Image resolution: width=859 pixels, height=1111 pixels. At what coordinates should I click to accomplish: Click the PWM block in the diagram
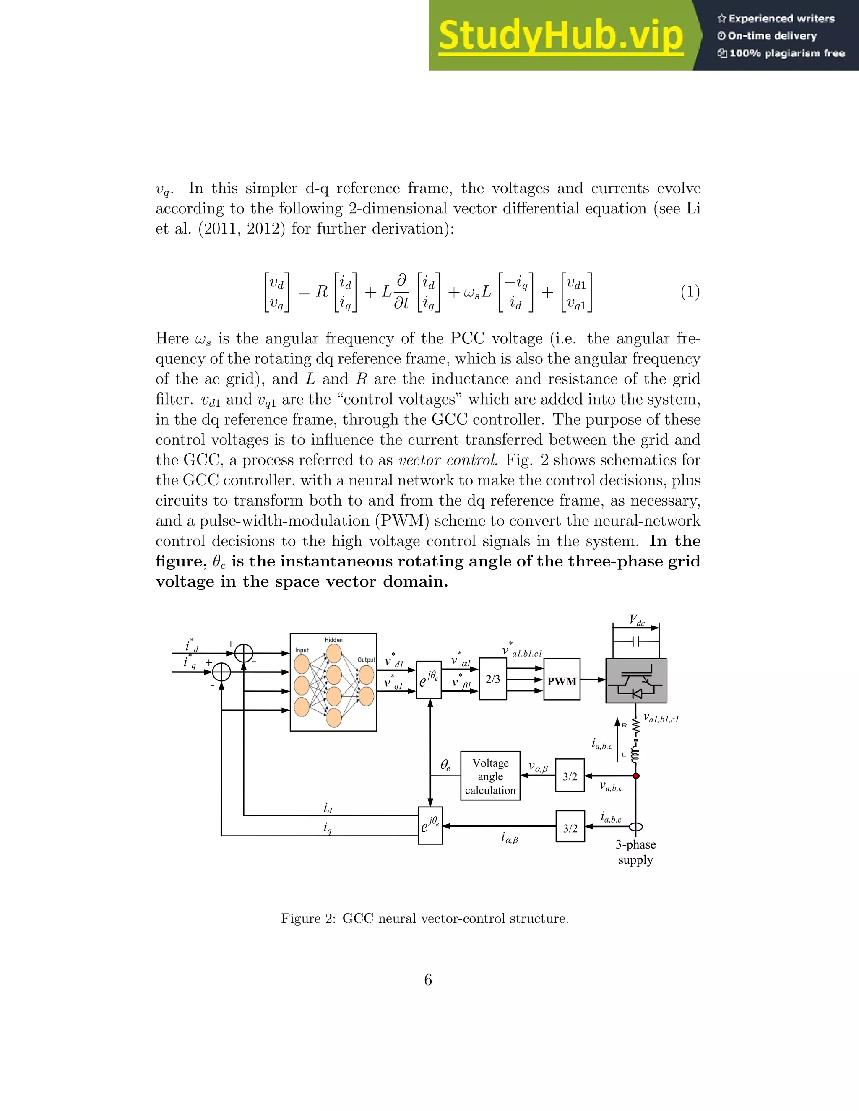click(x=562, y=681)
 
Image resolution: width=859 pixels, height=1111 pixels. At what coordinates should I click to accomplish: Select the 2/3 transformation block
click(x=492, y=679)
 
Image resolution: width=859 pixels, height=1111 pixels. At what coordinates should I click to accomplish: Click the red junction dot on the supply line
click(x=635, y=776)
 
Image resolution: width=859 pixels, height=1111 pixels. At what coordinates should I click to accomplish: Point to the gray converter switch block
click(x=636, y=680)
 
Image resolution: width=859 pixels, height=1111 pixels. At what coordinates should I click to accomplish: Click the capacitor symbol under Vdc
click(x=635, y=642)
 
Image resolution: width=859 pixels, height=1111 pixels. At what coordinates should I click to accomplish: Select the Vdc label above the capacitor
click(x=637, y=620)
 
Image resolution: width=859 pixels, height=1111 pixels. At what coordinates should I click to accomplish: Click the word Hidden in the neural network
click(x=334, y=640)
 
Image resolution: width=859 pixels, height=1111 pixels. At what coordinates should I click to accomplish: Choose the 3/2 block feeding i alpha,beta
click(x=570, y=828)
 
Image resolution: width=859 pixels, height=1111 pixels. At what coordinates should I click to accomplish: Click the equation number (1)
click(x=690, y=292)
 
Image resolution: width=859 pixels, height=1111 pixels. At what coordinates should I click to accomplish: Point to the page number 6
click(x=428, y=980)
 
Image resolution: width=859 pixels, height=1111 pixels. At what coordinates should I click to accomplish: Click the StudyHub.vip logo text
click(x=560, y=36)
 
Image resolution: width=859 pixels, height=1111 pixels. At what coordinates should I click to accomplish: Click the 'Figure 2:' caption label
click(x=308, y=919)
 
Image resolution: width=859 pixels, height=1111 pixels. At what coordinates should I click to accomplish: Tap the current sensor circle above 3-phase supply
click(x=635, y=827)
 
